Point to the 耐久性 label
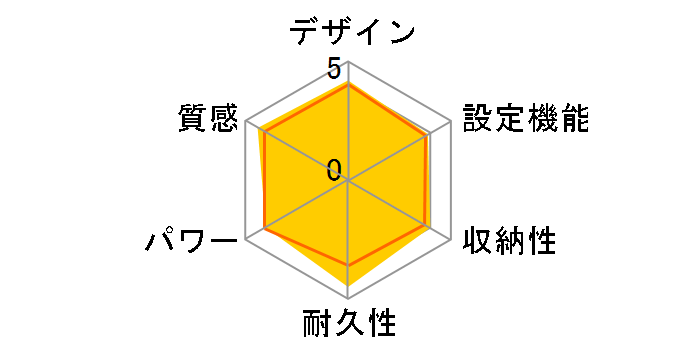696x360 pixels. [349, 325]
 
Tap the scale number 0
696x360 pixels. [334, 169]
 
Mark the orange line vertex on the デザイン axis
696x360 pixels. [348, 85]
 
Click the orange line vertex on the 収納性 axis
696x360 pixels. [427, 227]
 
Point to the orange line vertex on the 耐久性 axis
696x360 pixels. [348, 265]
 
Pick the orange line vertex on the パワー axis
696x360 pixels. [265, 228]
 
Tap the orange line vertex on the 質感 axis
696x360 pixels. [266, 134]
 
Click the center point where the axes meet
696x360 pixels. [348, 181]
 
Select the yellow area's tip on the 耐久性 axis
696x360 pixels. [348, 298]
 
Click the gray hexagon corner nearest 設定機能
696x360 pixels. [451, 121]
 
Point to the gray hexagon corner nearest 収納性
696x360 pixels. [451, 240]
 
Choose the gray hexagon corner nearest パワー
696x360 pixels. [245, 240]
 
